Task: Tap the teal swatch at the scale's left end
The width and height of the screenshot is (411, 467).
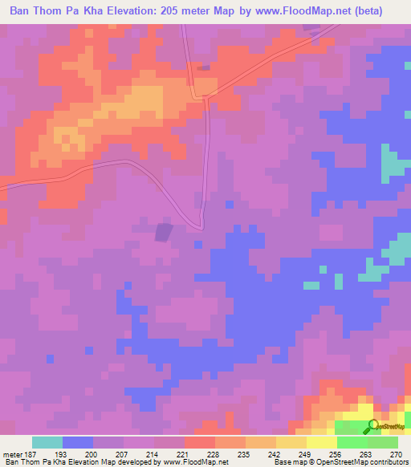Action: click(47, 442)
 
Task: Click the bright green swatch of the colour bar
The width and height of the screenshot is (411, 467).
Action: click(352, 442)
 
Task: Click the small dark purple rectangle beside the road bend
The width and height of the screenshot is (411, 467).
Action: click(164, 232)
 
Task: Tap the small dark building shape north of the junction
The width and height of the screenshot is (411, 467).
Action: click(203, 68)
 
